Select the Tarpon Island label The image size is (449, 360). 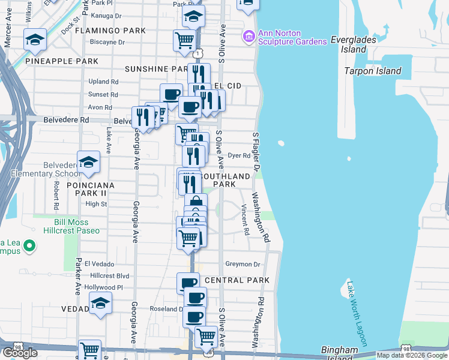coord(373,71)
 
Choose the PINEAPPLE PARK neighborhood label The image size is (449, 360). coord(58,61)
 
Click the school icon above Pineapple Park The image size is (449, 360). coord(35,41)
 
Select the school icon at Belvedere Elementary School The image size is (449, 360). coord(88,161)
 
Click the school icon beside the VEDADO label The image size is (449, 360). coord(100,304)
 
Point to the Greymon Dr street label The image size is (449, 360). coord(243,264)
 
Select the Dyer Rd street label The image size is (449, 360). coord(238,155)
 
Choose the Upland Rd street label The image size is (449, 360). coord(103,82)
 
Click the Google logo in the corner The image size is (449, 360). coord(20,353)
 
